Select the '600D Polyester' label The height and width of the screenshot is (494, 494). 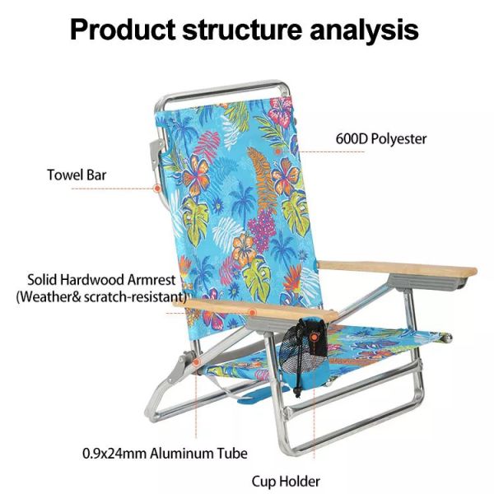click(381, 138)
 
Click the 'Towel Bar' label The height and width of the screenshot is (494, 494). click(77, 175)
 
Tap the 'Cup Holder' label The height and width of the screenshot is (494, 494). click(286, 481)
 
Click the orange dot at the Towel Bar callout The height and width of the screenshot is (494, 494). click(157, 189)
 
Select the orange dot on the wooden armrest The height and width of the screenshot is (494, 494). click(253, 312)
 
